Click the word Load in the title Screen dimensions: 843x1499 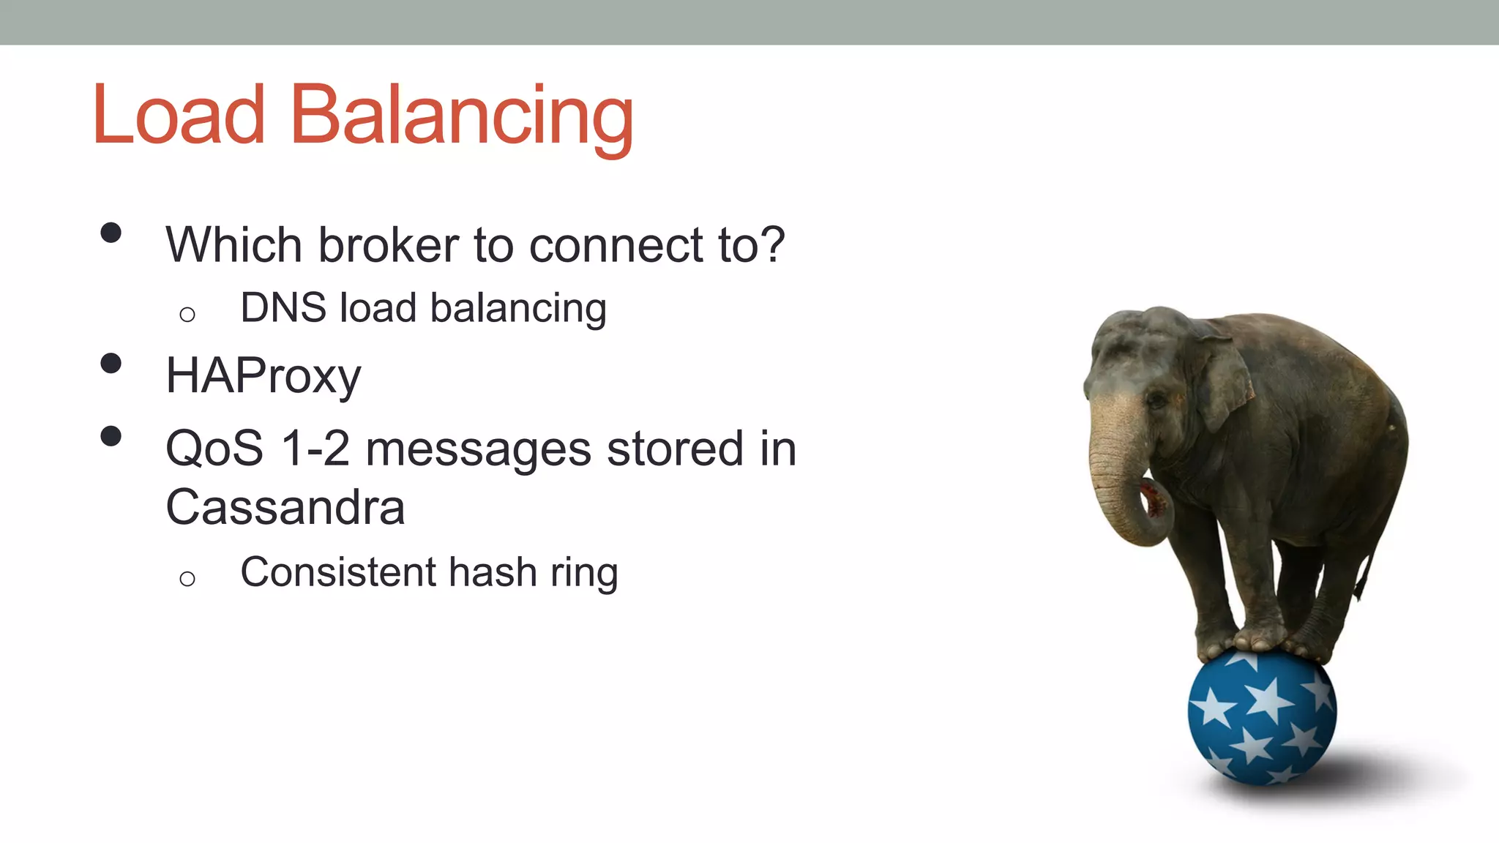179,116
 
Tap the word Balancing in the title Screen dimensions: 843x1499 462,117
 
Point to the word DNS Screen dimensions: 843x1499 283,307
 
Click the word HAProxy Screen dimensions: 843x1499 263,376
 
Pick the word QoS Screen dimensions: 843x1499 214,449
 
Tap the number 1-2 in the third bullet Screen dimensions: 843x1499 315,449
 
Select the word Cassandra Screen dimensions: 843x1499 285,507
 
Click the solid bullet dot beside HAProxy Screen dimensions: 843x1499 111,364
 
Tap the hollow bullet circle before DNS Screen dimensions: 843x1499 187,315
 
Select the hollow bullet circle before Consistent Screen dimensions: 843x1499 187,579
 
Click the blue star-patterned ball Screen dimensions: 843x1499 1262,717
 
